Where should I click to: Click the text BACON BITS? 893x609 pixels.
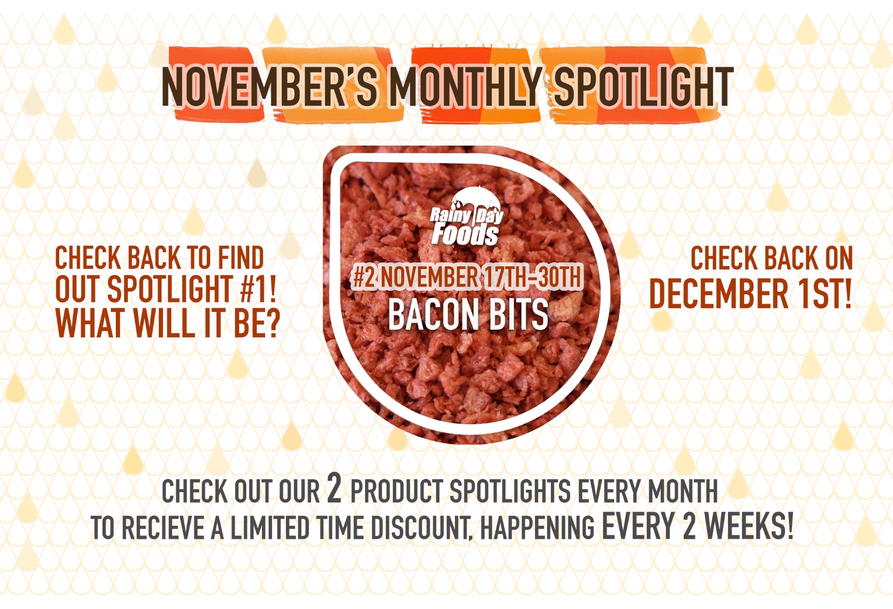[x=468, y=315]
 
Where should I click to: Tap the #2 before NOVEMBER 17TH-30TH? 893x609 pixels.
[x=365, y=277]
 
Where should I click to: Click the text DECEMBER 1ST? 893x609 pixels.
[x=750, y=294]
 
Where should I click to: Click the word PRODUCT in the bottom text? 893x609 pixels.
[x=396, y=491]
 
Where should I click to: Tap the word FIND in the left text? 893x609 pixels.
[x=241, y=258]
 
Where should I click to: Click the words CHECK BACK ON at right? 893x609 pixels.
[x=771, y=258]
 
